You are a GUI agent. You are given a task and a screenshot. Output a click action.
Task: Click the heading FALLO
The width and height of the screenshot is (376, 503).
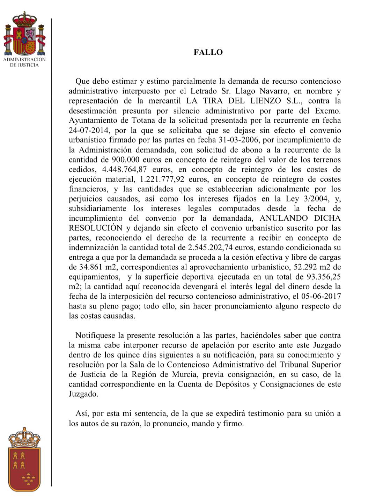pyautogui.click(x=208, y=52)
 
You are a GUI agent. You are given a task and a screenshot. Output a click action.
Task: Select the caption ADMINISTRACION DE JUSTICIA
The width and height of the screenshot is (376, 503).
pyautogui.click(x=24, y=62)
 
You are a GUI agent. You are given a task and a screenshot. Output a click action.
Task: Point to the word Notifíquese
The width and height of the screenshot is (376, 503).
pyautogui.click(x=95, y=336)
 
